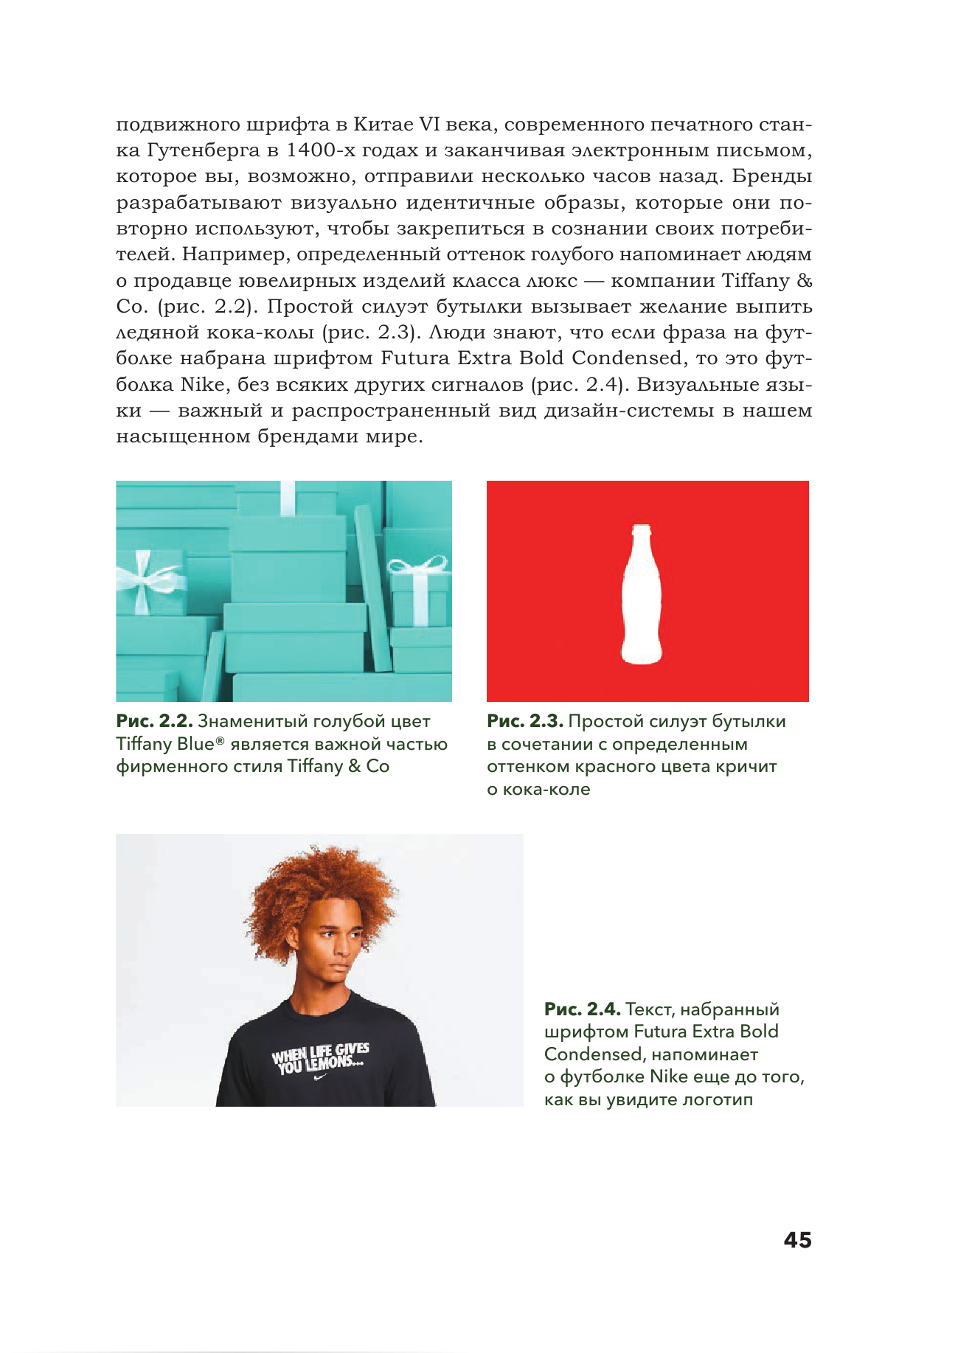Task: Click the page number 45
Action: point(797,1239)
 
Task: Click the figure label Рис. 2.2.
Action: point(154,721)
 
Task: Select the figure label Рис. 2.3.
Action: point(524,721)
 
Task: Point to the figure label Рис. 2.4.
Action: point(582,1009)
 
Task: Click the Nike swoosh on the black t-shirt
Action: point(320,1077)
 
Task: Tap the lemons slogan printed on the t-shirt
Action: point(321,1057)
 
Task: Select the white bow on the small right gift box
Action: point(419,566)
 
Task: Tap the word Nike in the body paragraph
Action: point(203,384)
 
